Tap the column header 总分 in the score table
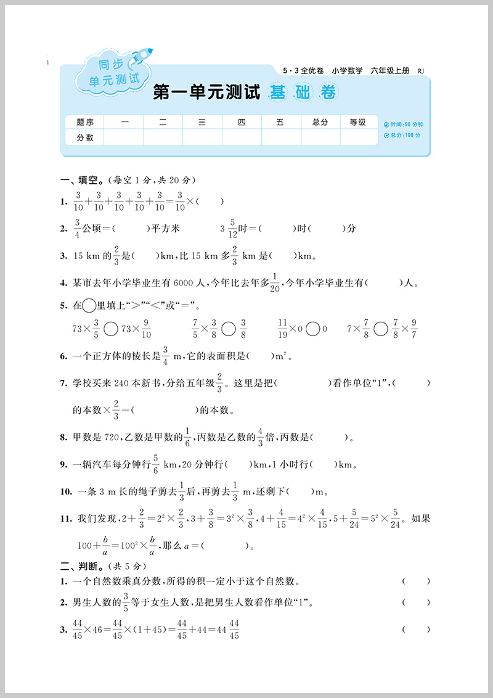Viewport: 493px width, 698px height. (x=320, y=122)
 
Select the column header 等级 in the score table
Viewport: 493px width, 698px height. (x=358, y=122)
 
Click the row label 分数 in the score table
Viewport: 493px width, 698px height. (x=85, y=138)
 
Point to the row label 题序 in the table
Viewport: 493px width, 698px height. (x=85, y=122)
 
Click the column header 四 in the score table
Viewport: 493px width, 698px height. (x=241, y=122)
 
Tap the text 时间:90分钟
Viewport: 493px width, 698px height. (x=404, y=124)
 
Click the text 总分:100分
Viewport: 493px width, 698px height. (x=402, y=135)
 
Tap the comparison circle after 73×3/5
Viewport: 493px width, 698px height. (x=111, y=329)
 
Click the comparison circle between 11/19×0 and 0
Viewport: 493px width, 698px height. (x=312, y=329)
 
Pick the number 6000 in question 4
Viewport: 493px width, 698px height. (x=184, y=283)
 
